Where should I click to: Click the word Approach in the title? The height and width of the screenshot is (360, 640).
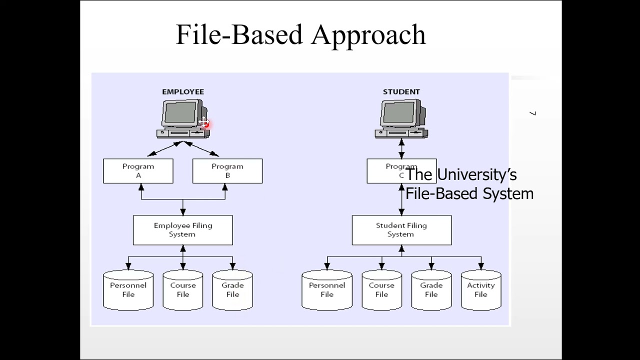369,35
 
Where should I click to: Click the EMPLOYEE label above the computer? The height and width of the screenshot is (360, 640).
183,92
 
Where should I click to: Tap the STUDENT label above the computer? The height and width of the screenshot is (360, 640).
401,92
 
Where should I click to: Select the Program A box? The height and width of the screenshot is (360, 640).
138,171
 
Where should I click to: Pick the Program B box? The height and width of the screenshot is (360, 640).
227,171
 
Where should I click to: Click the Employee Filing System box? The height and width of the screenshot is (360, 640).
182,230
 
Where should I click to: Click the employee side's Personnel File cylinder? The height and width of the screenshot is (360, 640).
128,290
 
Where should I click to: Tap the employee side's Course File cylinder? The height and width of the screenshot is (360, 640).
183,290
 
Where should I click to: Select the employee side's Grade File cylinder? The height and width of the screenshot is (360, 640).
232,290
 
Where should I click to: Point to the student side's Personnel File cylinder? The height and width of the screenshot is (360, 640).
327,290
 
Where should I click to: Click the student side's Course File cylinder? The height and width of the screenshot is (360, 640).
381,290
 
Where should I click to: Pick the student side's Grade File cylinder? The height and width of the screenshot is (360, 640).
431,290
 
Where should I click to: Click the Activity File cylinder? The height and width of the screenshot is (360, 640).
480,290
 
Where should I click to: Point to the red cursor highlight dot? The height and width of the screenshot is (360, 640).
206,124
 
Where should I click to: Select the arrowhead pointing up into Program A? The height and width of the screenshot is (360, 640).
141,187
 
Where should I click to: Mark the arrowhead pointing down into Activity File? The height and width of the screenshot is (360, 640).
480,266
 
